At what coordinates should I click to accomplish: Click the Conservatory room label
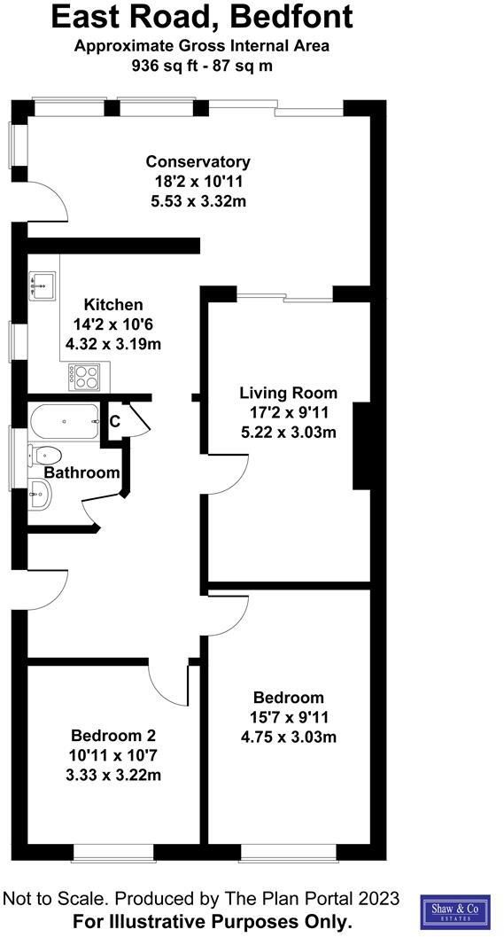click(x=198, y=161)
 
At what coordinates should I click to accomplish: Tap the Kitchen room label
click(x=112, y=304)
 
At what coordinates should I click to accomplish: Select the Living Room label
click(x=289, y=393)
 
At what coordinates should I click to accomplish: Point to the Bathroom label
click(x=81, y=472)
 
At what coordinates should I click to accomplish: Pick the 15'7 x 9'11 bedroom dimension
click(x=289, y=716)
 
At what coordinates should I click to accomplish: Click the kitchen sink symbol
click(x=43, y=285)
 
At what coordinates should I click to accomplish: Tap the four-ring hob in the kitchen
click(x=84, y=377)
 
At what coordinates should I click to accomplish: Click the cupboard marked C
click(x=115, y=422)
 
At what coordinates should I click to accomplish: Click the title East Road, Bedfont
click(x=201, y=17)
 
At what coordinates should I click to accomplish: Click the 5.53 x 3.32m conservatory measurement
click(x=198, y=201)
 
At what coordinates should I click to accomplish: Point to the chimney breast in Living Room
click(x=361, y=446)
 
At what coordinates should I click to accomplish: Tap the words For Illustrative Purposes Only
click(x=213, y=920)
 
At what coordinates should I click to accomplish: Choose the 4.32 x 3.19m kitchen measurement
click(x=112, y=343)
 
